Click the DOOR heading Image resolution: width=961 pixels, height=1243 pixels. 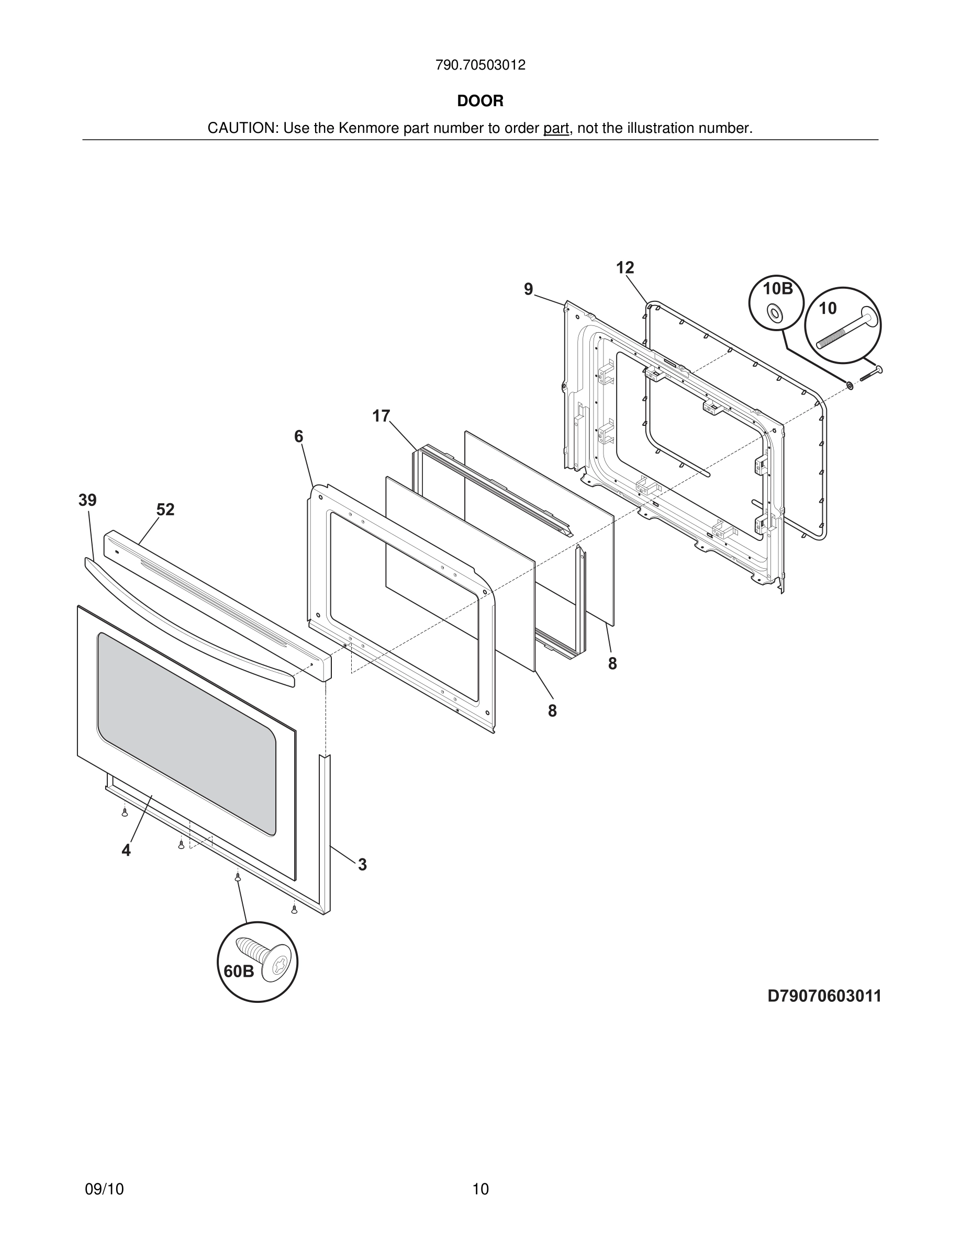480,101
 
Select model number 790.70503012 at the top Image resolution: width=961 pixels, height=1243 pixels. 480,65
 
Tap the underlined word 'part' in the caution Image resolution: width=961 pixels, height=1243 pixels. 556,129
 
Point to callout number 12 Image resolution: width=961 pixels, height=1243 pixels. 624,267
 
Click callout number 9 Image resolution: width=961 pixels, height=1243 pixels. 528,290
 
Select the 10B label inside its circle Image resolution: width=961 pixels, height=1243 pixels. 777,289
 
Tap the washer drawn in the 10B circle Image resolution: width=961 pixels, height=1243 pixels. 774,312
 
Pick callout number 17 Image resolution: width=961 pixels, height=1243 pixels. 381,416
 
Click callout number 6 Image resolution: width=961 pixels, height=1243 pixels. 298,436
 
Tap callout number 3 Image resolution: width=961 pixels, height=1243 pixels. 362,865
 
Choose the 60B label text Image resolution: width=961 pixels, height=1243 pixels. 239,971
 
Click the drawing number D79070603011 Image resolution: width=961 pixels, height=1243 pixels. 824,996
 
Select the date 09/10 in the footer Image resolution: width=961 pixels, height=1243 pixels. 104,1189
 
